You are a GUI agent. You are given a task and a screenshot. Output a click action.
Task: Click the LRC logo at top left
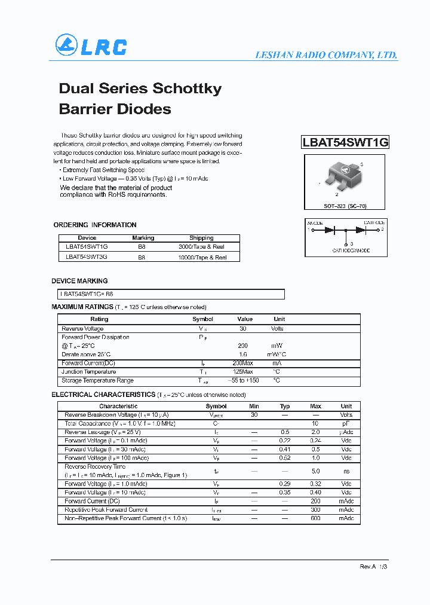[91, 46]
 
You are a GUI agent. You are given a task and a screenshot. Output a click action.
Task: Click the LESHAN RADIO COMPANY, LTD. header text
[326, 55]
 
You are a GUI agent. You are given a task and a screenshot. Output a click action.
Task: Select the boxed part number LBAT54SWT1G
[345, 142]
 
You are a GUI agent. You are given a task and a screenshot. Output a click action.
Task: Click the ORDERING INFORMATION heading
[95, 225]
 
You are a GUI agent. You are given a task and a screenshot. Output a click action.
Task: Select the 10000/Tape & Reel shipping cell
[202, 257]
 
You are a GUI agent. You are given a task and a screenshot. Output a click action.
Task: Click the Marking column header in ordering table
[143, 238]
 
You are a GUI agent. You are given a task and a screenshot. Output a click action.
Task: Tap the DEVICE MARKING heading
[79, 280]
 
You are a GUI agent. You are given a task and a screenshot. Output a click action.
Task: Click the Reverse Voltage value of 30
[242, 329]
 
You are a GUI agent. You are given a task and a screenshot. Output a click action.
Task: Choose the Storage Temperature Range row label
[97, 381]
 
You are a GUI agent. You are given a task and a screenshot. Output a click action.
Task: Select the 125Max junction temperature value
[242, 372]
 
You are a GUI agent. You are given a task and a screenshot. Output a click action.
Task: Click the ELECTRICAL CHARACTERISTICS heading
[103, 395]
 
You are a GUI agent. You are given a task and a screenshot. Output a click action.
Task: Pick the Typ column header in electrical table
[285, 406]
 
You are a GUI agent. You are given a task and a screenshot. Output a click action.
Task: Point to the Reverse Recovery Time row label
[95, 466]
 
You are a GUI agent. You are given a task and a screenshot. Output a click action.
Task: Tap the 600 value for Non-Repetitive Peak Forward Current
[315, 518]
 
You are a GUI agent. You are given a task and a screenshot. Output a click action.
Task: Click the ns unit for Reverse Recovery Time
[346, 471]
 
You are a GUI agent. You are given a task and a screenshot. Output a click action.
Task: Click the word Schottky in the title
[188, 88]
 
